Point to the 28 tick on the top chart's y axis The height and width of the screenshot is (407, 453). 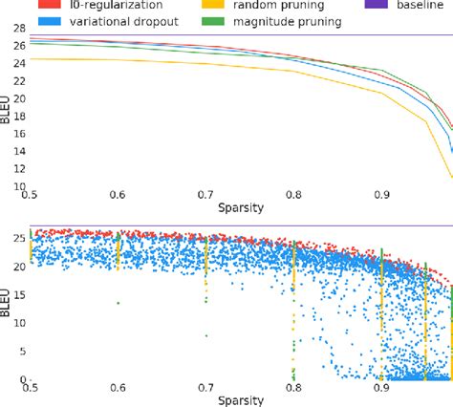click(14, 29)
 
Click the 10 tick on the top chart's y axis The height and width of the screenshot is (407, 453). click(14, 186)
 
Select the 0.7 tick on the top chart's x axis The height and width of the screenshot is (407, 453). click(205, 196)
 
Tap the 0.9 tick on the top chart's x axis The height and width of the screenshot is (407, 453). click(381, 196)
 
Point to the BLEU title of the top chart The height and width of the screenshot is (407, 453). click(5, 108)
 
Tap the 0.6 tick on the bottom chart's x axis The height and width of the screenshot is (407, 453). click(118, 387)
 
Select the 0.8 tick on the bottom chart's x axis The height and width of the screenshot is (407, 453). click(293, 387)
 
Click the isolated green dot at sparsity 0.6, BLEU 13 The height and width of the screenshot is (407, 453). click(119, 303)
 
